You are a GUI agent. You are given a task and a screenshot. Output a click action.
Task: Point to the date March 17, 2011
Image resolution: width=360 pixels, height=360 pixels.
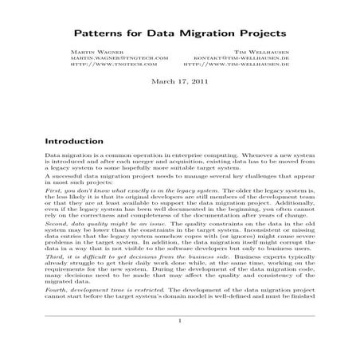point(179,81)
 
